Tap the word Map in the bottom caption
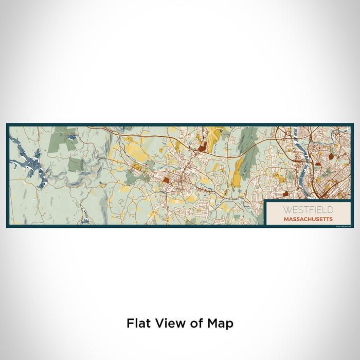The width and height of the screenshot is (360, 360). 220,323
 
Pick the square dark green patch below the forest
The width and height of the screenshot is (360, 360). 76,164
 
